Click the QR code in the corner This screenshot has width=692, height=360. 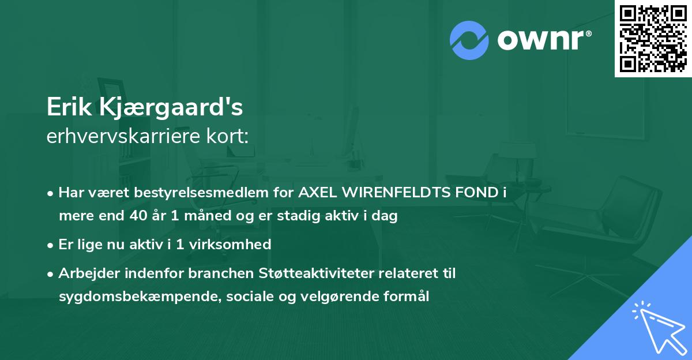click(653, 39)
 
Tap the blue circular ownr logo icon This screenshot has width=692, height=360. click(469, 40)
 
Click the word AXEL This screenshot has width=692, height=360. click(318, 193)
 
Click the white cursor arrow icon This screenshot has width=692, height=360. click(657, 326)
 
